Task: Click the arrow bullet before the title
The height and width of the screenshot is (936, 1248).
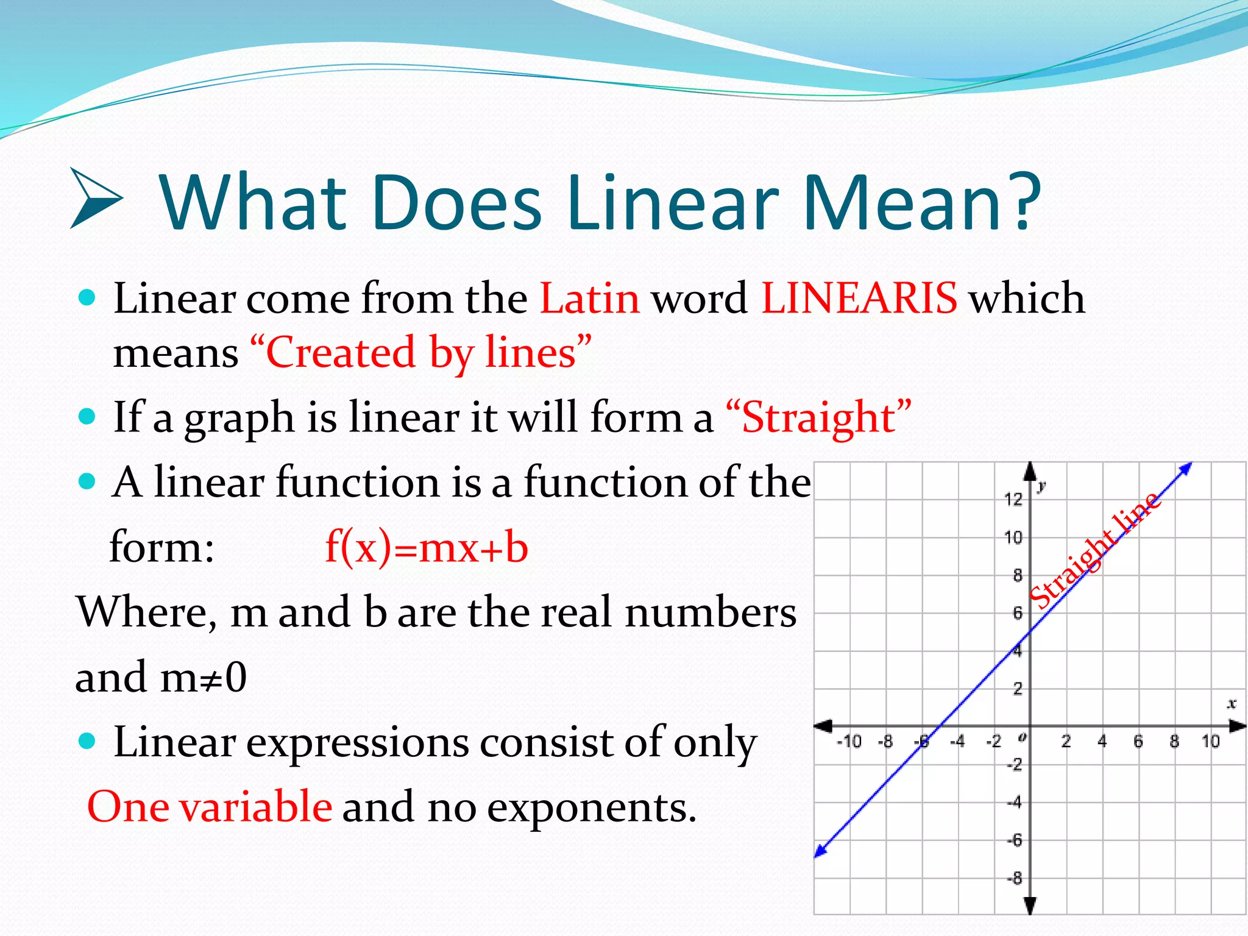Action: pyautogui.click(x=96, y=199)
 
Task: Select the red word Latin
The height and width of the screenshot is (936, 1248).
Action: pyautogui.click(x=590, y=299)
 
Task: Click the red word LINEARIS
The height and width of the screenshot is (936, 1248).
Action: pyautogui.click(x=859, y=299)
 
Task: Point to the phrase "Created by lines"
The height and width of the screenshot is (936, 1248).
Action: pyautogui.click(x=420, y=353)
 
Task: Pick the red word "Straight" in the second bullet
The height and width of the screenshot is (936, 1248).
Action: pyautogui.click(x=818, y=418)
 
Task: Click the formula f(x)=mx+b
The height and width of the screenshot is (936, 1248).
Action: pyautogui.click(x=427, y=547)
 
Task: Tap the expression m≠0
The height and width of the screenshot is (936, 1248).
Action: pyautogui.click(x=204, y=677)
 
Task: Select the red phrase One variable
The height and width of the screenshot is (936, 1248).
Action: pyautogui.click(x=210, y=807)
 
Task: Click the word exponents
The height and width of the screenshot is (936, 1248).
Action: pyautogui.click(x=591, y=808)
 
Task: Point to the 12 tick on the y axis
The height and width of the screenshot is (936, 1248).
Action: pyautogui.click(x=1013, y=500)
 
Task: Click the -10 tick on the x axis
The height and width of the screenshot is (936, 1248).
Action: pyautogui.click(x=849, y=742)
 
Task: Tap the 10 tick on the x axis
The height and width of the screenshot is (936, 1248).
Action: pyautogui.click(x=1210, y=742)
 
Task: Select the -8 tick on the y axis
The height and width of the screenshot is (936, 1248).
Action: pyautogui.click(x=1015, y=879)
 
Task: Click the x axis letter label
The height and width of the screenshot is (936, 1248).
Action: pyautogui.click(x=1232, y=704)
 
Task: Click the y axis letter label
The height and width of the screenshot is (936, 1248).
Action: pyautogui.click(x=1042, y=486)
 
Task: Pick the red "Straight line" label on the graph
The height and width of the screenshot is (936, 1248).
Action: pyautogui.click(x=1094, y=550)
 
